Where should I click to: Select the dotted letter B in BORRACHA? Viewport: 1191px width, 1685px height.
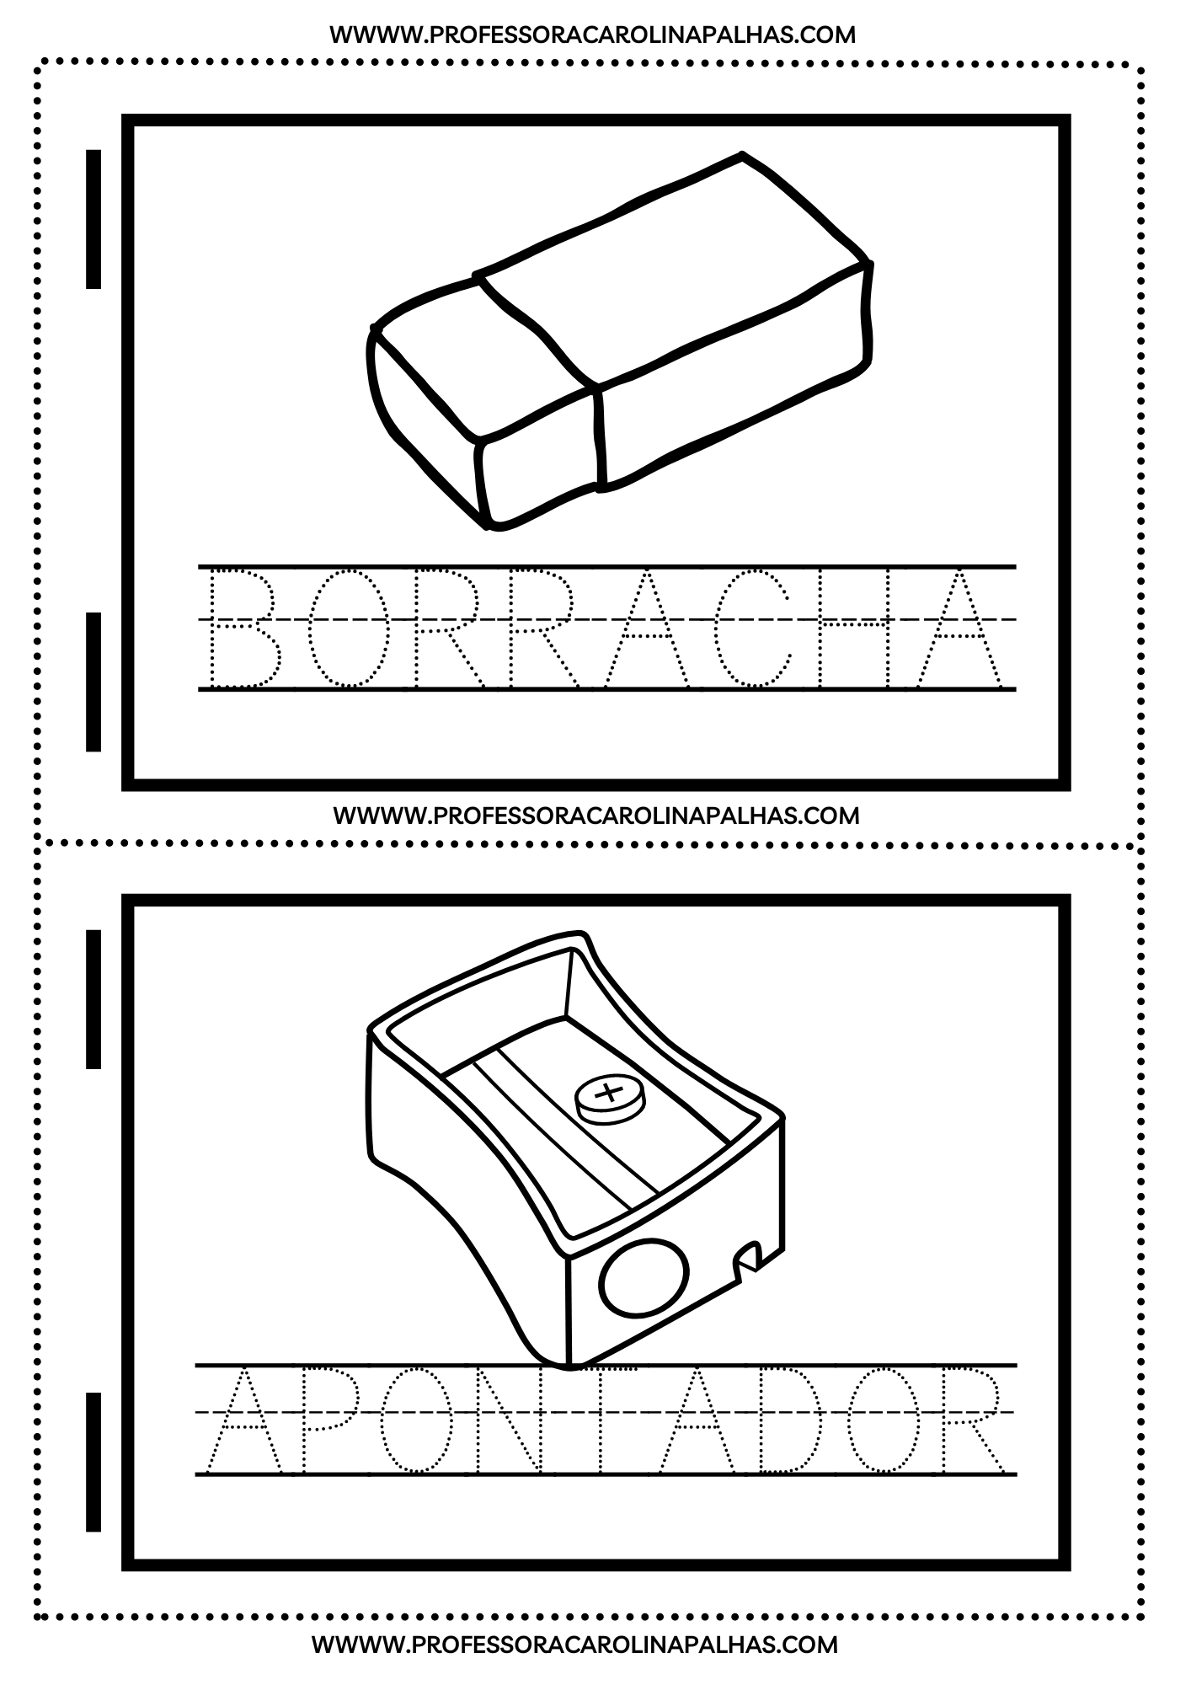click(x=244, y=628)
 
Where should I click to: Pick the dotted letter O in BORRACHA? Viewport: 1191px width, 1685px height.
click(x=348, y=628)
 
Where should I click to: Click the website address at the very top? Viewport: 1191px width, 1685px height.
click(x=592, y=35)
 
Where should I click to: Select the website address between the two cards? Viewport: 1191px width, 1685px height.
click(x=596, y=816)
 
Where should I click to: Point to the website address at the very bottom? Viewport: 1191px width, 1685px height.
click(x=575, y=1644)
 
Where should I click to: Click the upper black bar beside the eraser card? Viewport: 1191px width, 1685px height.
click(x=93, y=219)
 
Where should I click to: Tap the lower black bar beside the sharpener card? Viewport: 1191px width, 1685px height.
click(x=93, y=1462)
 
